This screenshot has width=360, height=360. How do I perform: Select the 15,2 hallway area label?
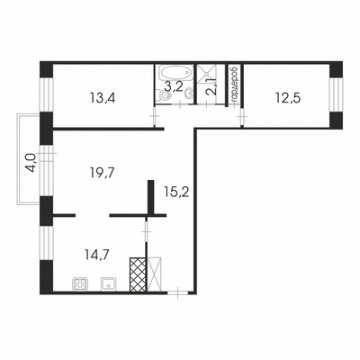coord(177,191)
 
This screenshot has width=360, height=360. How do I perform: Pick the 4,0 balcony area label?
coord(31,163)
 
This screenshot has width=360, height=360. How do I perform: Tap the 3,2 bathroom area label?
coord(173,88)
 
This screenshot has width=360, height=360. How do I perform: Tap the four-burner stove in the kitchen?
coord(81,285)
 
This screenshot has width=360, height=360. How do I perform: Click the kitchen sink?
coord(108,285)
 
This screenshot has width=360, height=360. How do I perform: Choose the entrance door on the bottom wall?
coord(181,291)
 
